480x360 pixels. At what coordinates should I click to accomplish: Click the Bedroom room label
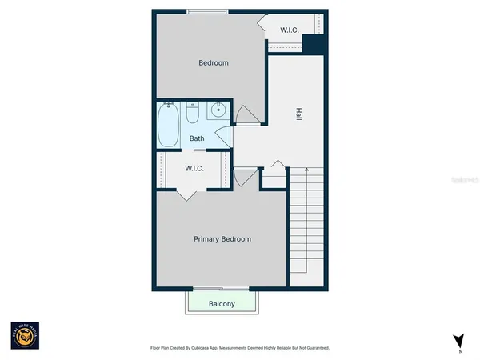pos(214,63)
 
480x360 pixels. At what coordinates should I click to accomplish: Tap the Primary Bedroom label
pos(222,239)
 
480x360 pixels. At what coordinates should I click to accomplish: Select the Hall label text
pos(298,114)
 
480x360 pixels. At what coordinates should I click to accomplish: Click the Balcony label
pos(222,304)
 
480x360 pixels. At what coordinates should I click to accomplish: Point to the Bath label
pos(197,138)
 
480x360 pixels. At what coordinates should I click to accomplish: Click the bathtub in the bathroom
pos(169,126)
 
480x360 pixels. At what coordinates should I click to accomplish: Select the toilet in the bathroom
pos(193,114)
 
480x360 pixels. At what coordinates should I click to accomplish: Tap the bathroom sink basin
pos(218,112)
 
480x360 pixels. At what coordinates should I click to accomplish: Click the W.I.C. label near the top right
pos(289,30)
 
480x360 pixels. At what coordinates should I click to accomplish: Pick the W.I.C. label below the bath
pos(194,168)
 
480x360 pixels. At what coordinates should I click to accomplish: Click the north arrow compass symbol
pos(458,340)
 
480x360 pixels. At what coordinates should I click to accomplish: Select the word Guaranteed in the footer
pos(314,348)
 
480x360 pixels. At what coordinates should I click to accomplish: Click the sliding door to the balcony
pos(221,288)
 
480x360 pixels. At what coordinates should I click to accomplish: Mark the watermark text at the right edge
pos(465,182)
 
